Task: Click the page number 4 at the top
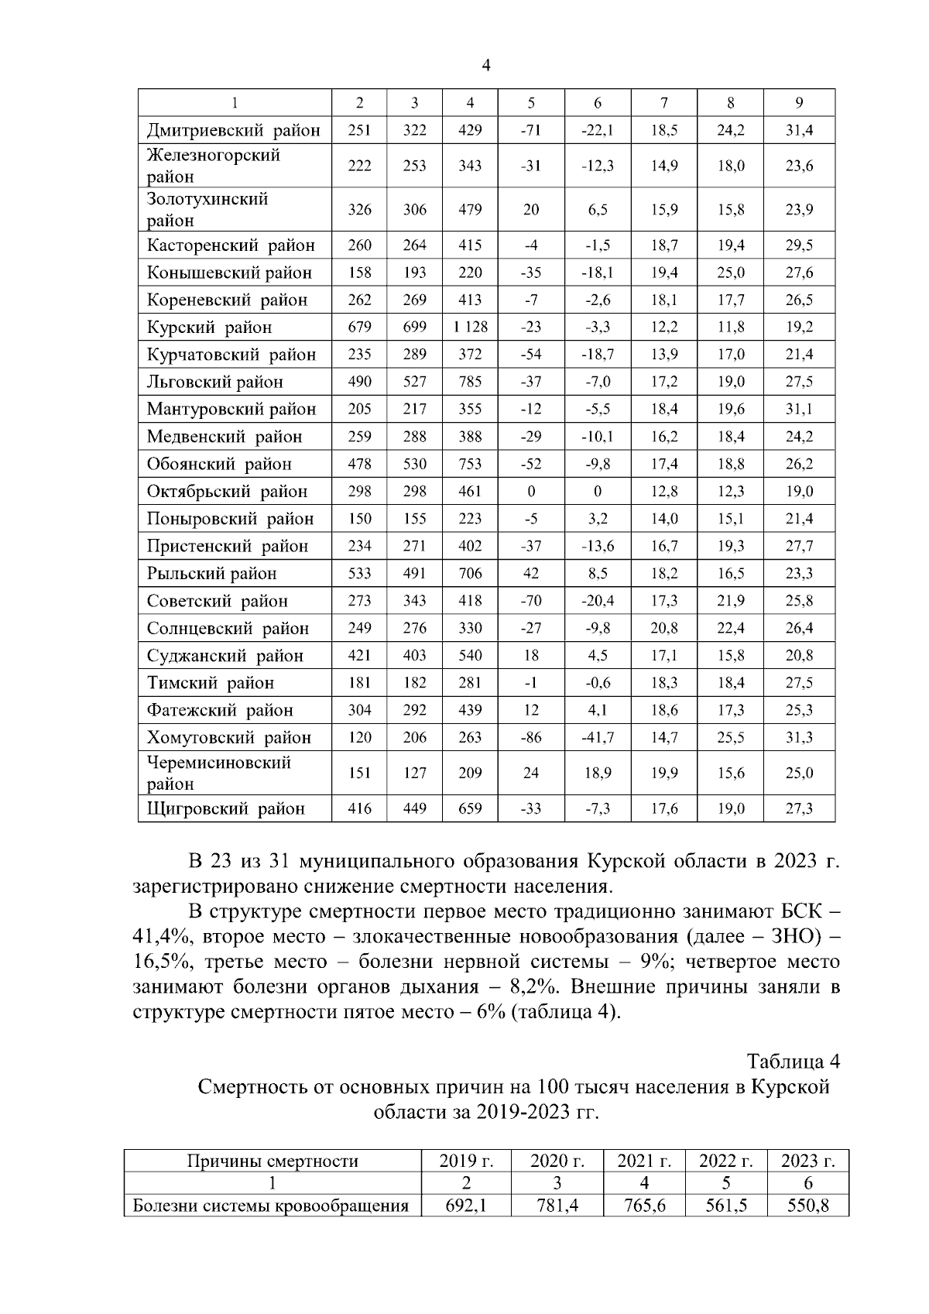(x=486, y=67)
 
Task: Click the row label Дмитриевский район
(x=234, y=130)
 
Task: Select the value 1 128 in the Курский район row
(x=470, y=328)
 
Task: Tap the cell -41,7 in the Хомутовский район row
(x=597, y=738)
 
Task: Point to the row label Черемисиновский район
(x=219, y=773)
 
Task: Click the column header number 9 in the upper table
(x=799, y=103)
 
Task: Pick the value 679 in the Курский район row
(x=359, y=328)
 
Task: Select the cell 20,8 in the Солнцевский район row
(x=663, y=628)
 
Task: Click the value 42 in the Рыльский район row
(x=530, y=574)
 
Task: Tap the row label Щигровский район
(x=226, y=809)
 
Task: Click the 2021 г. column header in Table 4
(x=644, y=1161)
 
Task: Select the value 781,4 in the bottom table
(x=556, y=1206)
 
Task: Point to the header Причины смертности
(x=273, y=1161)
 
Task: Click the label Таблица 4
(x=793, y=1060)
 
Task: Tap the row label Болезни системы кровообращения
(x=271, y=1206)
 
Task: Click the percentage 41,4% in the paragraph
(x=164, y=937)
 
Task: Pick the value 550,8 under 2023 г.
(x=807, y=1206)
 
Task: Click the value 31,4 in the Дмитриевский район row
(x=799, y=130)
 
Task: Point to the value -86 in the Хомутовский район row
(x=530, y=738)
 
